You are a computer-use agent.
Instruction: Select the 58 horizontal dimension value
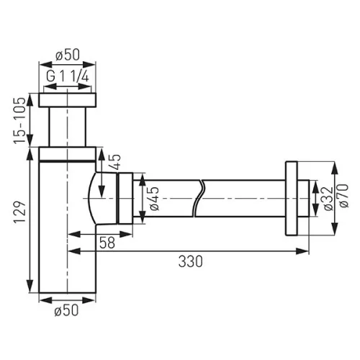[107, 244]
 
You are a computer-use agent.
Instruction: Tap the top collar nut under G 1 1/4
[68, 100]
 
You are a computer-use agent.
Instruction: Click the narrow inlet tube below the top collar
[68, 127]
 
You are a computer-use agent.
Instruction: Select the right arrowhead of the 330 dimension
[307, 251]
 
